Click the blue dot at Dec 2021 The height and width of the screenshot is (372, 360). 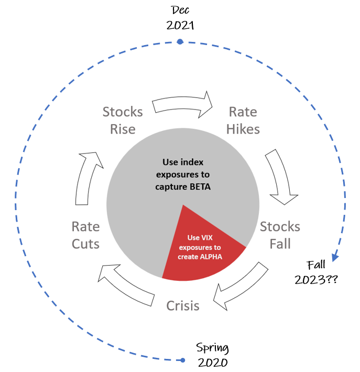(x=180, y=42)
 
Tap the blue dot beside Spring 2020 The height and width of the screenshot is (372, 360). (x=182, y=360)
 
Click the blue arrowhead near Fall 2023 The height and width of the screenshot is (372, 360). (x=335, y=257)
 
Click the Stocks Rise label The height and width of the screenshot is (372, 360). (x=123, y=121)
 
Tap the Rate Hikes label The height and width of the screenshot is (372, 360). (x=243, y=121)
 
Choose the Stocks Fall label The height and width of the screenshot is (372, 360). (x=280, y=235)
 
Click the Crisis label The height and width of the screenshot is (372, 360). (x=183, y=305)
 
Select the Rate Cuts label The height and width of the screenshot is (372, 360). (x=85, y=235)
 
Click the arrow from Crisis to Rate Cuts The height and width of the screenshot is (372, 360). (x=126, y=285)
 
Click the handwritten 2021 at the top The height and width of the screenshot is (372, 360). (x=180, y=25)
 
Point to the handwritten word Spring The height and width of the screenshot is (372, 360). (x=212, y=348)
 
